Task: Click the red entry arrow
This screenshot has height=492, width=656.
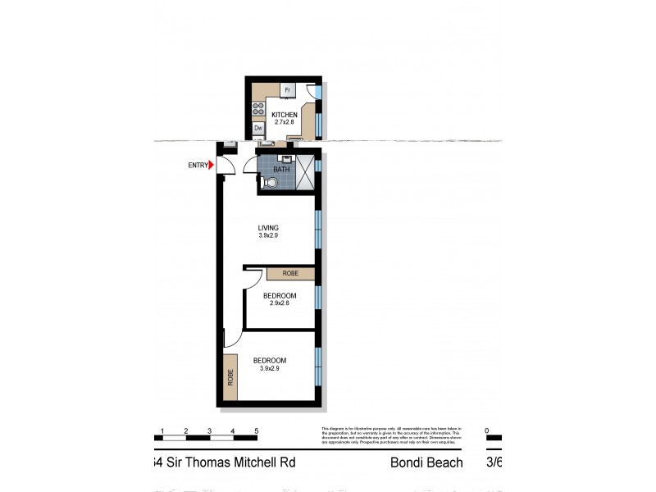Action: tap(211, 166)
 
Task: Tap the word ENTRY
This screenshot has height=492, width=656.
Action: tap(197, 166)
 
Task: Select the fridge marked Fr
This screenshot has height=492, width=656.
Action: tap(288, 90)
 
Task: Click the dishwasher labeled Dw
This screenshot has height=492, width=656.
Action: tap(258, 128)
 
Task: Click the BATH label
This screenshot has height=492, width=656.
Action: tap(282, 170)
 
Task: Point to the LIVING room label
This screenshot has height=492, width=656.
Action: tap(268, 228)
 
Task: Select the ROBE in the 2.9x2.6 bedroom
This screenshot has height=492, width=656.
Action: tap(290, 273)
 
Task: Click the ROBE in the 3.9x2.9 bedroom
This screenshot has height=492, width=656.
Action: tap(230, 378)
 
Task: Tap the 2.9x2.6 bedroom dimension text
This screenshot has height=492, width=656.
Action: tap(279, 303)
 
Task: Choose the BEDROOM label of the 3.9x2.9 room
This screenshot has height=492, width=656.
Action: tap(269, 361)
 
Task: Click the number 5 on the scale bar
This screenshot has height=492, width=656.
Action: tap(257, 431)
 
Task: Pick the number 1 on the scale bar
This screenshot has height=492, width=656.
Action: tap(163, 431)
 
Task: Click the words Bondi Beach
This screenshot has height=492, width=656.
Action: tap(426, 462)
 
